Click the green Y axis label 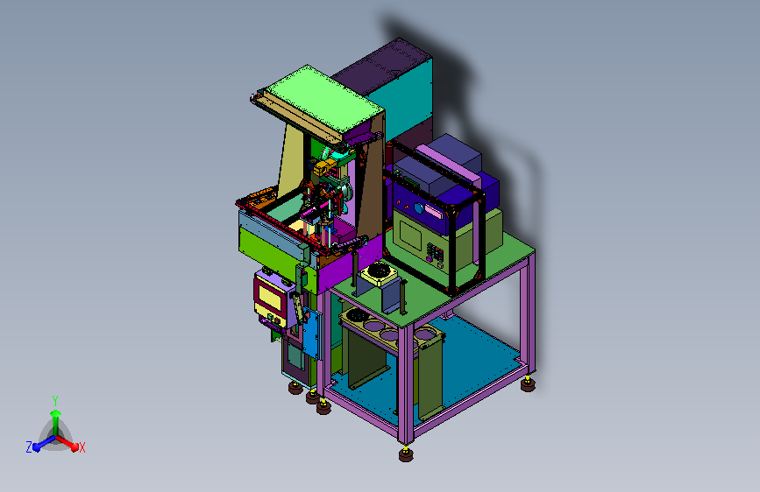pos(55,401)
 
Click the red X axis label pos(82,447)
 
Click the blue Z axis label pos(29,447)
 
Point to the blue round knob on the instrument pos(419,208)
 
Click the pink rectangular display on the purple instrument pos(432,212)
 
